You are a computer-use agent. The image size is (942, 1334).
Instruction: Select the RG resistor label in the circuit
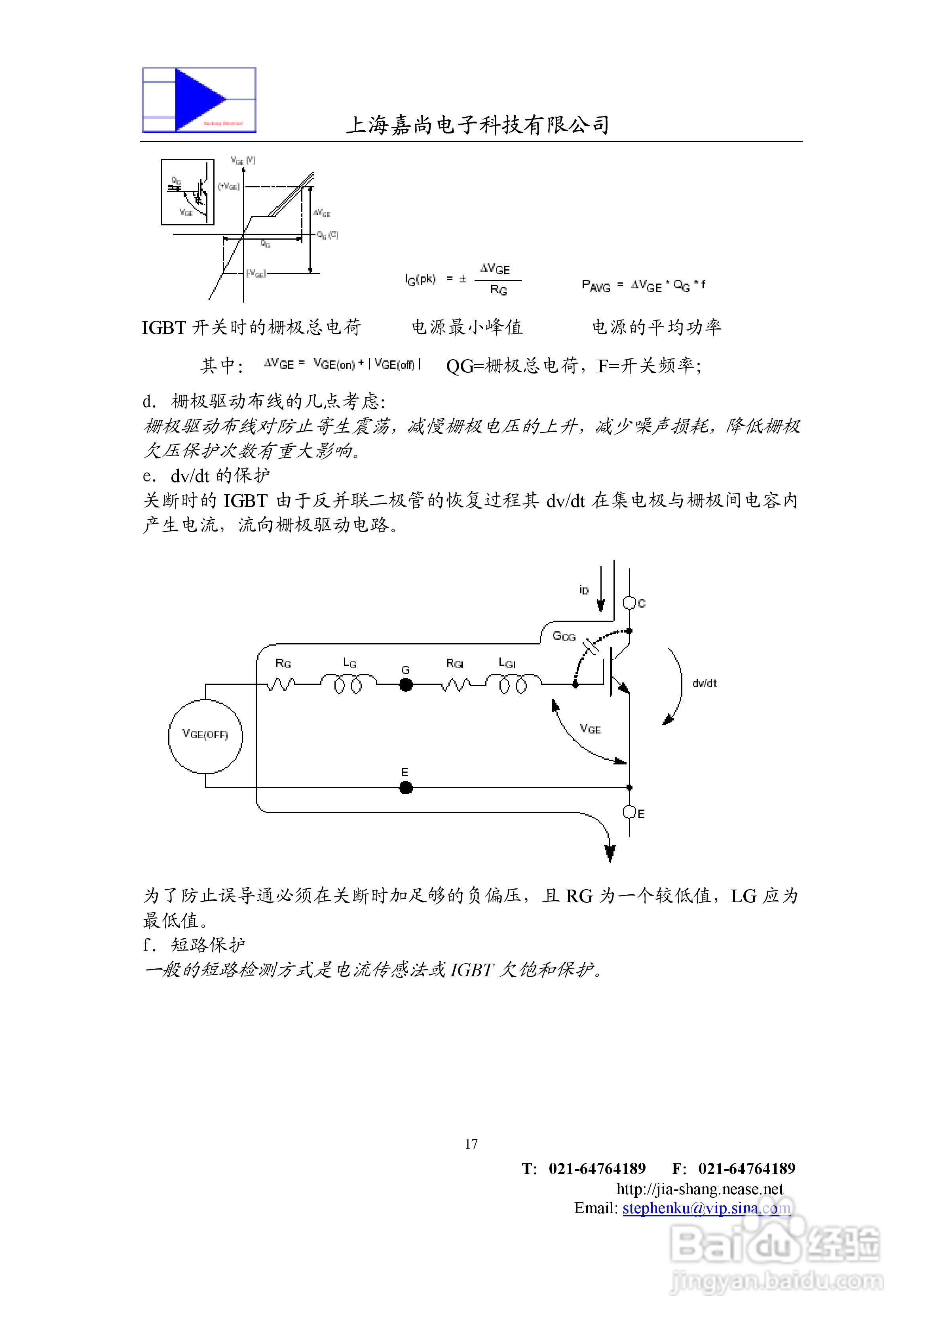[x=283, y=663]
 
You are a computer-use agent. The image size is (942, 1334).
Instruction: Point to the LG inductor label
[x=349, y=663]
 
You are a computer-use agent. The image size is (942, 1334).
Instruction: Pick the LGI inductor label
[x=507, y=663]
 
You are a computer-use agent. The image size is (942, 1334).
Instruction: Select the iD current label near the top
[x=584, y=590]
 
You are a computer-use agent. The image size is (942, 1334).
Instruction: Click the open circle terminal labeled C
[x=629, y=603]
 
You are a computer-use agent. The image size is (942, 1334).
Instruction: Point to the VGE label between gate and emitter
[x=590, y=729]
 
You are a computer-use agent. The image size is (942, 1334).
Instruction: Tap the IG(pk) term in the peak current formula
[x=420, y=280]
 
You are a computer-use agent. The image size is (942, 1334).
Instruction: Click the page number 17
[x=471, y=1144]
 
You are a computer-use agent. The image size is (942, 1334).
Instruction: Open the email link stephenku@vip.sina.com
[x=706, y=1208]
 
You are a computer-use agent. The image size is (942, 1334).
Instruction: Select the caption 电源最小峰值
[x=467, y=327]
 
